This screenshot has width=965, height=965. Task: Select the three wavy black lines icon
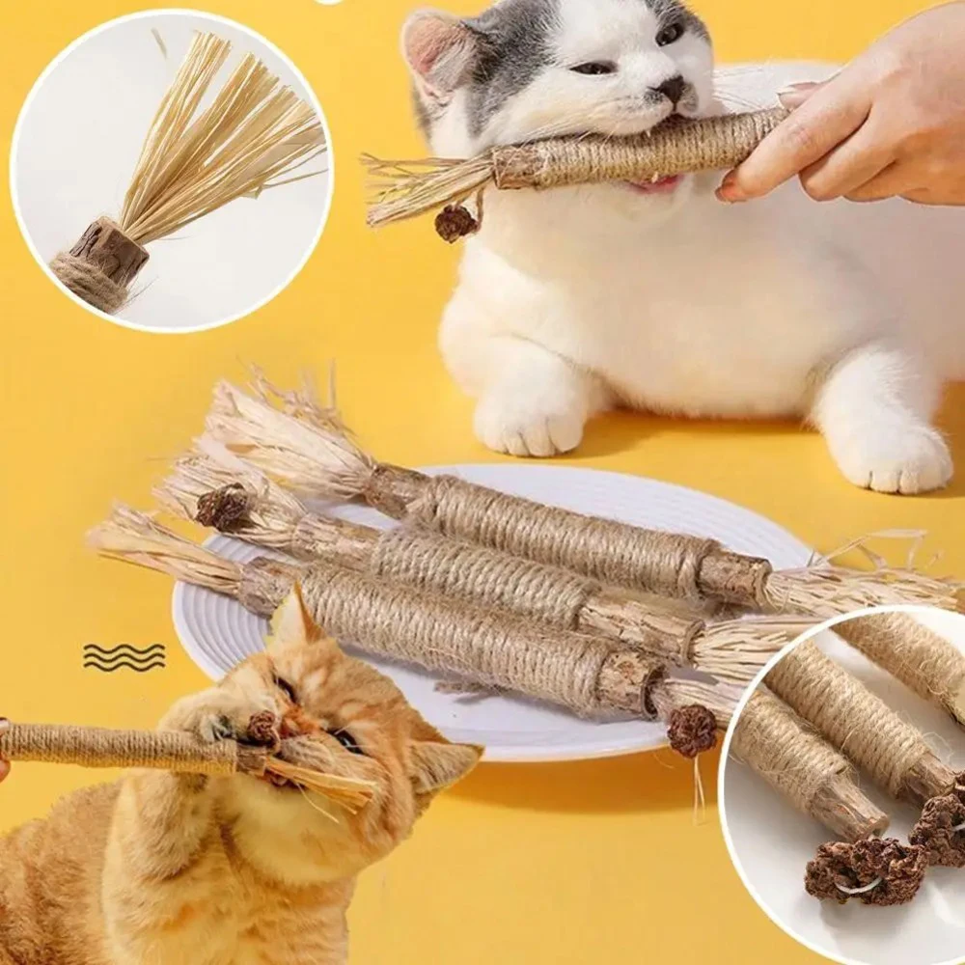pyautogui.click(x=124, y=656)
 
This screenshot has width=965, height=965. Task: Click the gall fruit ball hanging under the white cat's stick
pyautogui.click(x=455, y=223)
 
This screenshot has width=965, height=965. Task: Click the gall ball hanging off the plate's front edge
pyautogui.click(x=692, y=731)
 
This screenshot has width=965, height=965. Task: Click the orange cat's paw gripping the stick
pyautogui.click(x=198, y=719)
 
